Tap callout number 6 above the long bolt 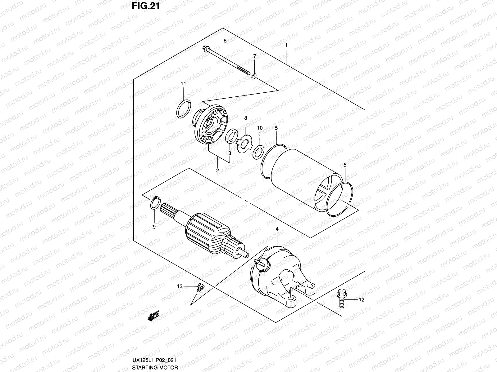(x=225, y=41)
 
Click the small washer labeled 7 (x=254, y=76)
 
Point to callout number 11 (x=183, y=84)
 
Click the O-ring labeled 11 (x=183, y=109)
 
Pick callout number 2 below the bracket (x=217, y=170)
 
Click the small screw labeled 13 (x=199, y=287)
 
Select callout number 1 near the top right (x=286, y=45)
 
